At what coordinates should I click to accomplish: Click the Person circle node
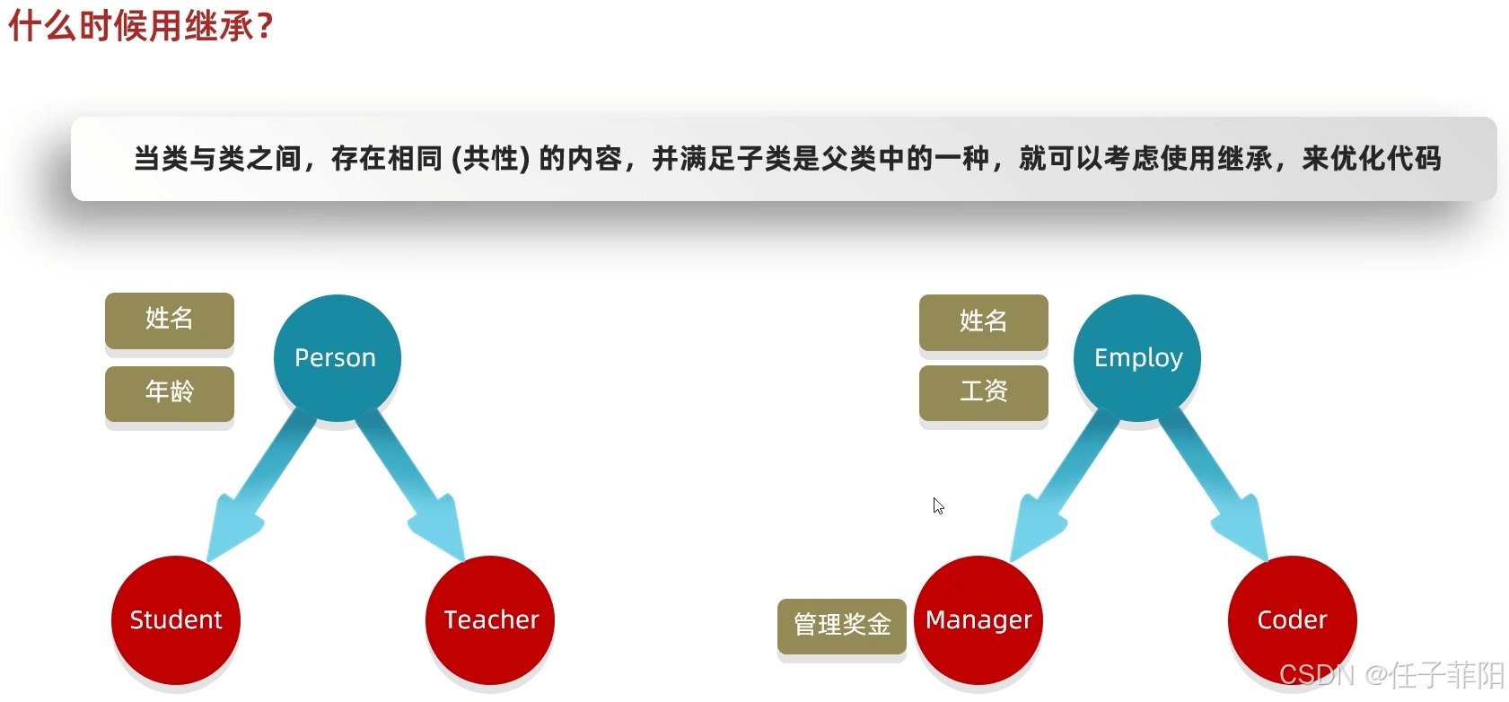[337, 357]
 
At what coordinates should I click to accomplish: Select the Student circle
[176, 619]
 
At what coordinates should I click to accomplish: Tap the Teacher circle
[490, 619]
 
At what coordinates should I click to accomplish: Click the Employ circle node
[1137, 357]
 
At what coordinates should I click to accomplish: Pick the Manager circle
[978, 619]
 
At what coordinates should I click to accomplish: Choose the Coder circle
[1292, 619]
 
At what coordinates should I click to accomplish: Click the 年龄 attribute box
[170, 392]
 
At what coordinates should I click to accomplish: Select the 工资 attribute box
[984, 392]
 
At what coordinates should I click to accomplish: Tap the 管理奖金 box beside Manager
[842, 625]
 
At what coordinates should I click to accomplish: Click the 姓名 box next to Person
[170, 319]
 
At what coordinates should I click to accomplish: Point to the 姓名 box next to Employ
[984, 321]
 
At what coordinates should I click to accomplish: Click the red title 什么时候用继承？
[140, 26]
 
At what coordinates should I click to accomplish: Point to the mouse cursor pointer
[937, 505]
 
